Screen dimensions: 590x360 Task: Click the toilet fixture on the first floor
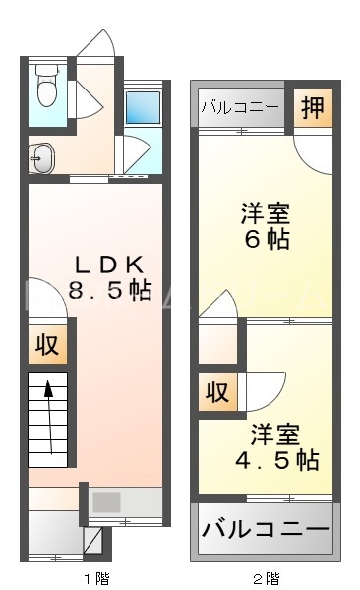45,91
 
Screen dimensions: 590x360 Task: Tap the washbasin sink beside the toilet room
40,156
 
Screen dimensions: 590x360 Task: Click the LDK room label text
110,265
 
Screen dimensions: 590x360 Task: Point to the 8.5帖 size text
109,290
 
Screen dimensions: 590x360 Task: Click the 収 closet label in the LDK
45,346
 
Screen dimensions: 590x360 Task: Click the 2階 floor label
265,577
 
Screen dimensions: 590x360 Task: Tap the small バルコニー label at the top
241,107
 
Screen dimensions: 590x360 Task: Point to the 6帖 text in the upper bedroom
266,239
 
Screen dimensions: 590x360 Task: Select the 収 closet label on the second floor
217,391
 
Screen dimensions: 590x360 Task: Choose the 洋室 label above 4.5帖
273,433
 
